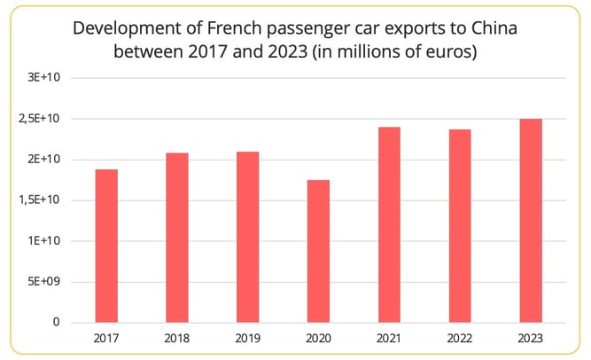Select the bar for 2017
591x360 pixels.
106,246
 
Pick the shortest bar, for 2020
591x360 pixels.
318,251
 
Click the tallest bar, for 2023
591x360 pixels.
531,220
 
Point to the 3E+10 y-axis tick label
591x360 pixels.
43,78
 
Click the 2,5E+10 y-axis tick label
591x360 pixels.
38,119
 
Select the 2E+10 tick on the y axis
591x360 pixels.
43,160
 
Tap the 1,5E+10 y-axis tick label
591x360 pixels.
38,200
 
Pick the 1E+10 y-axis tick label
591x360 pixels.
43,241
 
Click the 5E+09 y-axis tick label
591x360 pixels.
43,282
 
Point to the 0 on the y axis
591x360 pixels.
56,323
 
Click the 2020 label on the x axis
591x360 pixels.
318,338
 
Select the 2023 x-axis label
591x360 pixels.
531,338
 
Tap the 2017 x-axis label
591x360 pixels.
106,338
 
